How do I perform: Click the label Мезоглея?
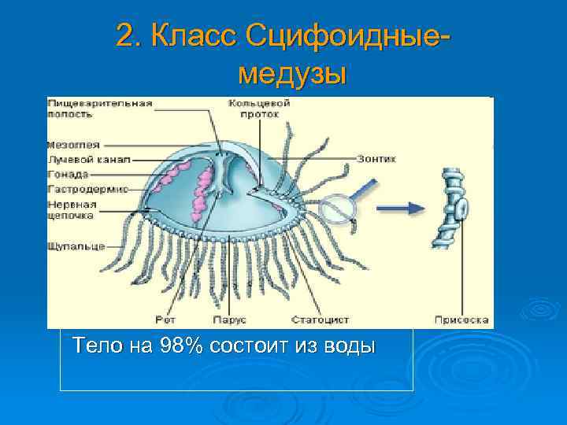pyautogui.click(x=72, y=146)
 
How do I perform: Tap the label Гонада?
pyautogui.click(x=69, y=174)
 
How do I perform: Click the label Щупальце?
pyautogui.click(x=76, y=246)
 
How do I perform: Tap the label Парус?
pyautogui.click(x=229, y=320)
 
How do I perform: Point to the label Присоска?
pyautogui.click(x=462, y=320)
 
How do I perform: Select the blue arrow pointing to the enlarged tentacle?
pyautogui.click(x=402, y=209)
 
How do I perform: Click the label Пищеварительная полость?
pyautogui.click(x=99, y=108)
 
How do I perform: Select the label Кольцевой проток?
pyautogui.click(x=259, y=108)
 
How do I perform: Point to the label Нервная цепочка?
pyautogui.click(x=72, y=209)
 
